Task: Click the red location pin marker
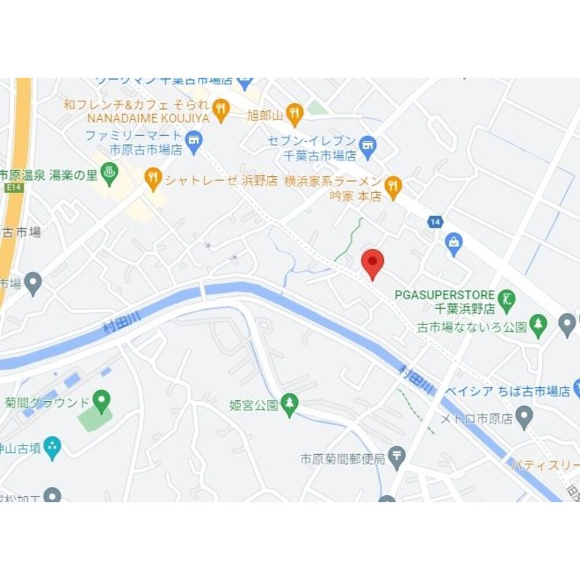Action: [372, 262]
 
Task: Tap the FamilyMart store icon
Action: [193, 139]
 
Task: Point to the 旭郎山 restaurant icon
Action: [295, 114]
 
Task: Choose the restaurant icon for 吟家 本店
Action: [394, 186]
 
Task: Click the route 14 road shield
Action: [435, 221]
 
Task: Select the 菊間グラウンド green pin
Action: [102, 399]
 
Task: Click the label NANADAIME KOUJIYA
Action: [147, 118]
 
